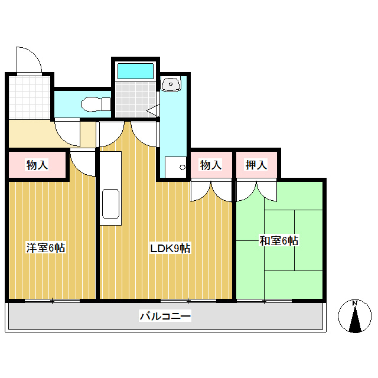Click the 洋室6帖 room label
pyautogui.click(x=45, y=248)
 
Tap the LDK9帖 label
pyautogui.click(x=170, y=249)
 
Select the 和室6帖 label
pyautogui.click(x=278, y=241)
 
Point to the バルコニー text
pyautogui.click(x=165, y=317)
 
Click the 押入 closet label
pyautogui.click(x=256, y=165)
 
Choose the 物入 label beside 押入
pyautogui.click(x=211, y=165)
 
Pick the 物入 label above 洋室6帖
pyautogui.click(x=37, y=165)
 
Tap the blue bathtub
pyautogui.click(x=135, y=71)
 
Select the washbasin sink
pyautogui.click(x=172, y=85)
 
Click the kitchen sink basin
pyautogui.click(x=110, y=204)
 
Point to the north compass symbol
pyautogui.click(x=355, y=317)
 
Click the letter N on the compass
pyautogui.click(x=355, y=304)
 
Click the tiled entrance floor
pyautogui.click(x=30, y=97)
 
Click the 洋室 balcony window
pyautogui.click(x=53, y=301)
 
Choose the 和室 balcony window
pyautogui.click(x=264, y=301)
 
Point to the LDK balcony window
pyautogui.click(x=189, y=301)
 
